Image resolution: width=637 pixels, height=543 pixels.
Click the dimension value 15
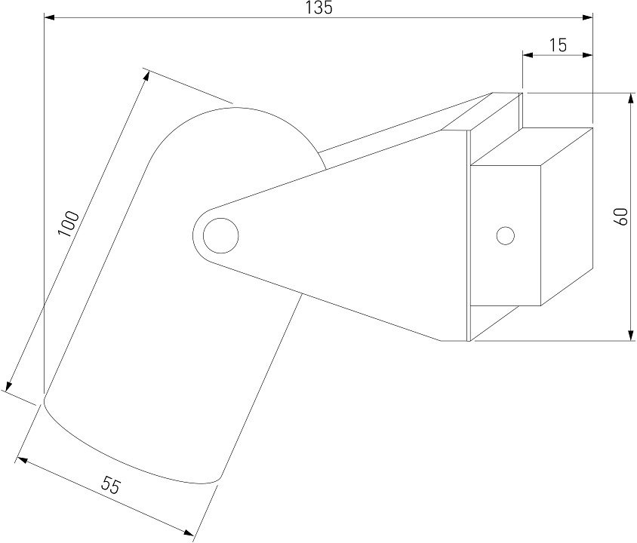(x=558, y=44)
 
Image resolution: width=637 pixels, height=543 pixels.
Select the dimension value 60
(x=621, y=217)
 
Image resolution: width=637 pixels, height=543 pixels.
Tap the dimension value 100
(x=69, y=225)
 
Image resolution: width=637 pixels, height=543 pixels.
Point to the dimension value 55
(x=111, y=486)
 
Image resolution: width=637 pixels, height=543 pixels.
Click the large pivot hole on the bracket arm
(x=220, y=235)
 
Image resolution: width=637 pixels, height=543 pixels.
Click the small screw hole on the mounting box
(x=506, y=235)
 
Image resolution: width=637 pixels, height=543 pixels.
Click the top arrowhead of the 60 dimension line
(x=630, y=98)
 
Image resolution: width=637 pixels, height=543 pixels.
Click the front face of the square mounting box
(x=506, y=234)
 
